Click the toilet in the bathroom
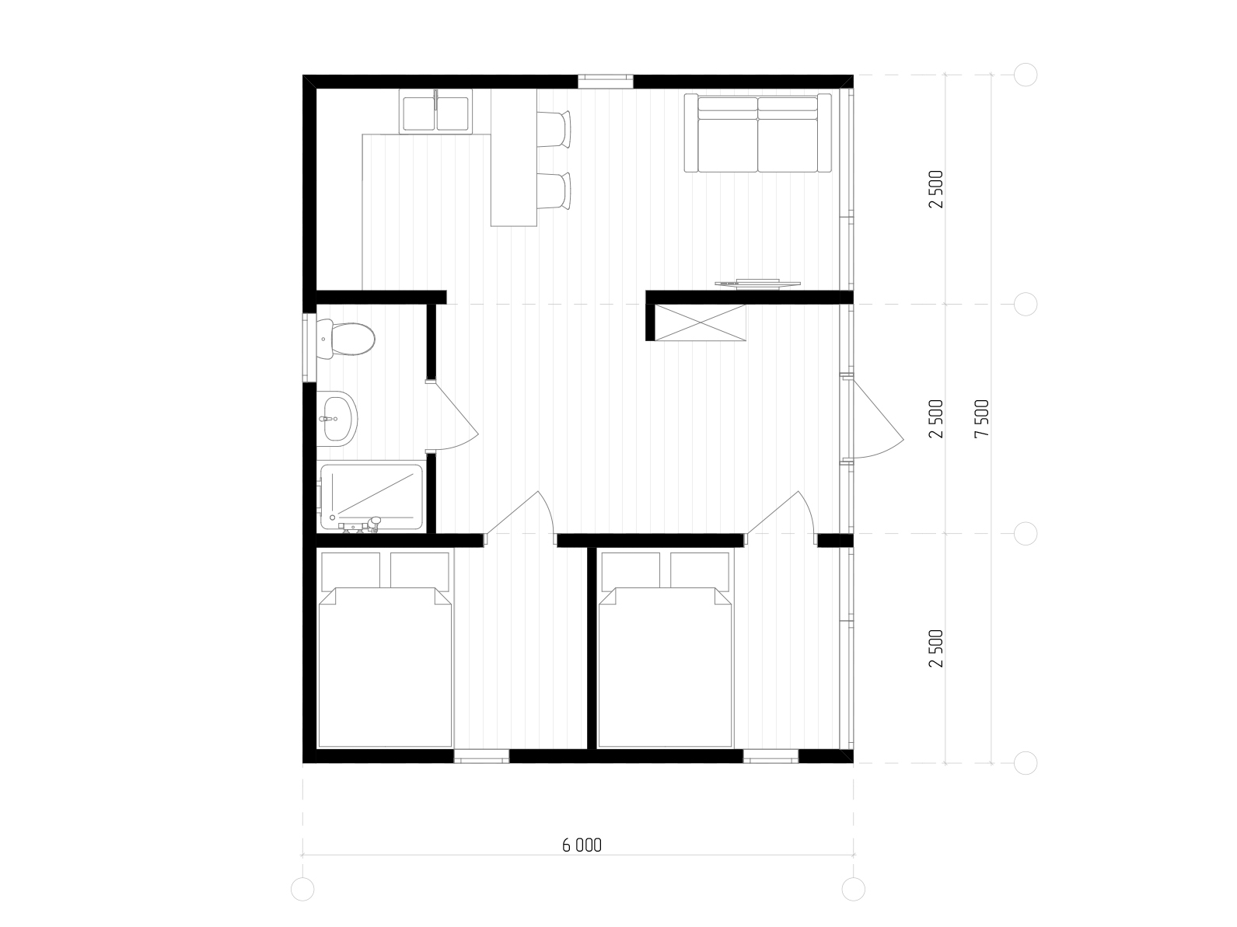click(345, 339)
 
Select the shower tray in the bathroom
click(372, 497)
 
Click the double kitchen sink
click(435, 112)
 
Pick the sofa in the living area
click(757, 133)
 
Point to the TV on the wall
click(757, 284)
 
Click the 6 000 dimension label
click(582, 845)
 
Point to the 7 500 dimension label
click(982, 419)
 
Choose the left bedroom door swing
click(519, 513)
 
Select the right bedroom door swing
click(780, 513)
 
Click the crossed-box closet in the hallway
click(701, 322)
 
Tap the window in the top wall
click(605, 82)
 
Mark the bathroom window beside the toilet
click(309, 347)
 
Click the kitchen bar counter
click(513, 158)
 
